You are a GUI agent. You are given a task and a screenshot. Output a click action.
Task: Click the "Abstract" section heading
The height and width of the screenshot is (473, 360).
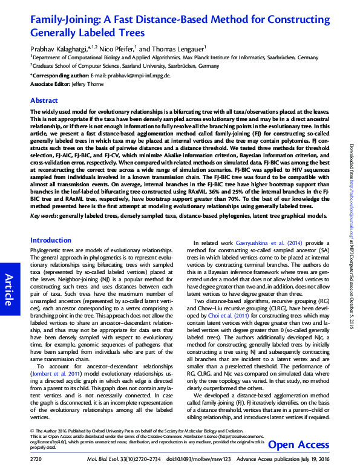pos(44,100)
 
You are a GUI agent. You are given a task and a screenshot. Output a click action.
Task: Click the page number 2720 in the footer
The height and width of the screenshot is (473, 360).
pos(36,460)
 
